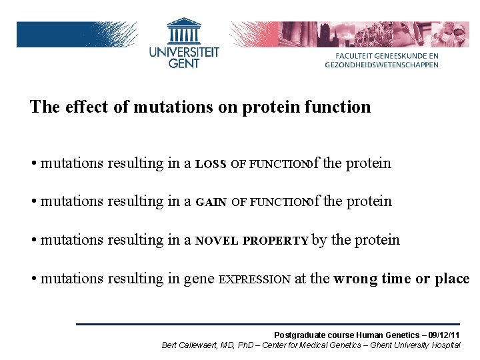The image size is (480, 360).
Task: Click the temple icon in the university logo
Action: [x=184, y=31]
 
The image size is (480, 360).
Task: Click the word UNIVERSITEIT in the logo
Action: [x=184, y=52]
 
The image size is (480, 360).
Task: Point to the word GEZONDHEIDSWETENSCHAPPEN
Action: [x=382, y=65]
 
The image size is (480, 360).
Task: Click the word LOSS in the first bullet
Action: [x=211, y=164]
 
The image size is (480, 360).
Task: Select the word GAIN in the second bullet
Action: [x=211, y=202]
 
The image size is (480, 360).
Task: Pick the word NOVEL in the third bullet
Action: [x=217, y=241]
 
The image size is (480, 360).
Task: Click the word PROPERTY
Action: [x=275, y=241]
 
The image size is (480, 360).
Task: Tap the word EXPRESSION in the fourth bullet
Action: [x=255, y=279]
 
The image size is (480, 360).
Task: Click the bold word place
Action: [x=451, y=279]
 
